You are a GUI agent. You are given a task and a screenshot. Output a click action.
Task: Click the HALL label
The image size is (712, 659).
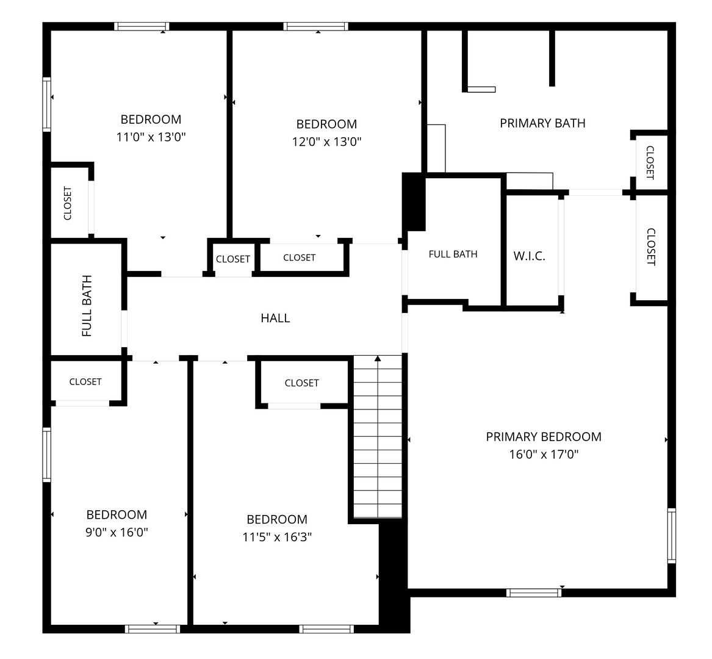tap(275, 318)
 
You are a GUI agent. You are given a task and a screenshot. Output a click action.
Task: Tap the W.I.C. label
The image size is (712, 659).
tap(529, 256)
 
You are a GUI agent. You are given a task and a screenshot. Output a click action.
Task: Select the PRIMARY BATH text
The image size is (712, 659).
tap(542, 123)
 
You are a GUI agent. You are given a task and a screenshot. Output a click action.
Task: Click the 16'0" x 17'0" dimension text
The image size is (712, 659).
tap(544, 454)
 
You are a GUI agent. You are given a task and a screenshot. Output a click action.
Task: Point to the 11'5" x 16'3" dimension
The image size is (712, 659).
tap(277, 537)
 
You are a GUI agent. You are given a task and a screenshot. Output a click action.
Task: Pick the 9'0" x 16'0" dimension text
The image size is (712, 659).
tap(117, 532)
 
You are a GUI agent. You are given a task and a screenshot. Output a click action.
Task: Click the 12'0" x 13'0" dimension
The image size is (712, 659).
tap(326, 142)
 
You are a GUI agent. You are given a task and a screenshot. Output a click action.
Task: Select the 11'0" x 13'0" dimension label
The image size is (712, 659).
tap(151, 137)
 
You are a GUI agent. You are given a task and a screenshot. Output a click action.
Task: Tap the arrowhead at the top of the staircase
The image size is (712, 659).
tap(378, 358)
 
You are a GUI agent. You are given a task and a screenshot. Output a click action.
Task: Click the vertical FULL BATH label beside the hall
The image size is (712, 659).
tap(87, 306)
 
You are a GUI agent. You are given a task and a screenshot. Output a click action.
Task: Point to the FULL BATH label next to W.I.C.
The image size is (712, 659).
tap(453, 254)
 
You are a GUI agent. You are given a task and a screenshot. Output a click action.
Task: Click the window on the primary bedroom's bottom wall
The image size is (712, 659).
tap(534, 592)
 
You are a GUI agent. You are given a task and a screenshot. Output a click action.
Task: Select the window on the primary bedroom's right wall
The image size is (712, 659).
tap(672, 536)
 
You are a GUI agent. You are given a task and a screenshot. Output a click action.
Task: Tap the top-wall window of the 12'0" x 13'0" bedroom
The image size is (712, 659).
tap(316, 26)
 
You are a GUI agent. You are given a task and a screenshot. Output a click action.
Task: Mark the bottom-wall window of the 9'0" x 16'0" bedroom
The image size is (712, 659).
tap(153, 629)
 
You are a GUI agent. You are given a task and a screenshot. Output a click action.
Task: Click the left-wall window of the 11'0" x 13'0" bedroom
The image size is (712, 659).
tap(47, 104)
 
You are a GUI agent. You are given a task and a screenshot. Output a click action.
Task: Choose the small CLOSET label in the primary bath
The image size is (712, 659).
tap(650, 162)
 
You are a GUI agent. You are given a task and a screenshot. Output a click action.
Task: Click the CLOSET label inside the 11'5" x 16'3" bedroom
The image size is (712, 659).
tap(301, 383)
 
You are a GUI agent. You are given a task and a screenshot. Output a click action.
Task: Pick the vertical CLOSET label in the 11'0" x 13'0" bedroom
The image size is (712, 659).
tap(68, 203)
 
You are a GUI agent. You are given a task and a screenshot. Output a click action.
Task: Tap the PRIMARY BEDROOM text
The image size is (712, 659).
tap(544, 437)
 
